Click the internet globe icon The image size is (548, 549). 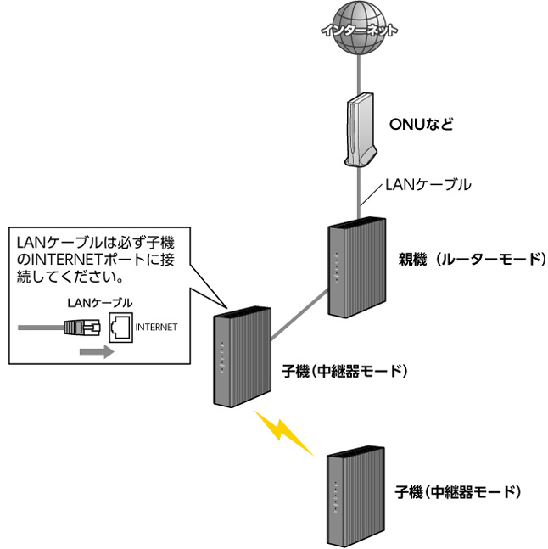[x=359, y=28]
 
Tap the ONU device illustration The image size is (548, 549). [x=360, y=130]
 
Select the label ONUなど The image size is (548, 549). [x=422, y=124]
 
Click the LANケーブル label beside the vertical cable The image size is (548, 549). [x=428, y=185]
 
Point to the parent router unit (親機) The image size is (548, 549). [x=357, y=268]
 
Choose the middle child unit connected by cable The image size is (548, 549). [x=243, y=356]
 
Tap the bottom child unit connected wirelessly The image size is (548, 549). [x=355, y=497]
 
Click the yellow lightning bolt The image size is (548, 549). [x=282, y=433]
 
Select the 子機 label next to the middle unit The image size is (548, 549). [x=344, y=371]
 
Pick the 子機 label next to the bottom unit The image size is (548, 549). [x=458, y=492]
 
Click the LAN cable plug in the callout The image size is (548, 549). [x=82, y=328]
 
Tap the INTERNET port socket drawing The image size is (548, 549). [x=121, y=328]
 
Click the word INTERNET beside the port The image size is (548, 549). [x=156, y=327]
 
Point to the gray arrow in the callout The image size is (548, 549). [x=97, y=351]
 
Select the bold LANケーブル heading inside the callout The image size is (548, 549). [x=100, y=303]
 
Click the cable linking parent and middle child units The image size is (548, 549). [x=299, y=315]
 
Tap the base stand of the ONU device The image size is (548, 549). [x=361, y=159]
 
